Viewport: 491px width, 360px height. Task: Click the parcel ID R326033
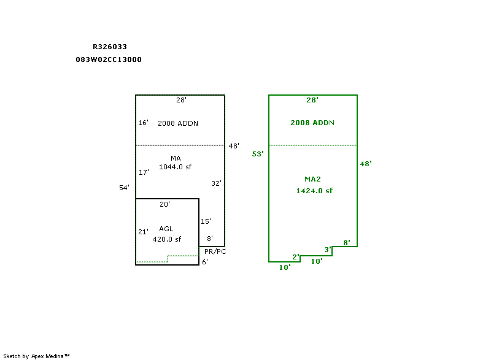click(x=110, y=46)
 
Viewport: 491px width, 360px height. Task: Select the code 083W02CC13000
click(x=109, y=59)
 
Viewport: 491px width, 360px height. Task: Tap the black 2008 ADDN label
click(x=178, y=123)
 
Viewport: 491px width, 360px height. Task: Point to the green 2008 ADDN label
click(x=312, y=123)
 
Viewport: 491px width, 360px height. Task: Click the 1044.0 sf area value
click(x=176, y=167)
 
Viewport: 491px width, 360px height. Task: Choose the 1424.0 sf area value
click(x=314, y=191)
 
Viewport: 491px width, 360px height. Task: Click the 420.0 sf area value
click(x=167, y=239)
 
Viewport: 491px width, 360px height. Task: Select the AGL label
click(x=166, y=229)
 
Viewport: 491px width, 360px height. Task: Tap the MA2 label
click(x=313, y=179)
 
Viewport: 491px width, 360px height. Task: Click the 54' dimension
click(x=124, y=188)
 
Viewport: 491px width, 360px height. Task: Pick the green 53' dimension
click(x=258, y=154)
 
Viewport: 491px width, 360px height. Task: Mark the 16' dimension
click(x=143, y=123)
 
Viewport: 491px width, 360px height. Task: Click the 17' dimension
click(x=144, y=172)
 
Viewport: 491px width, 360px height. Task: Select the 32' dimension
click(x=216, y=183)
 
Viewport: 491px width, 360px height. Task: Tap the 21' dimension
click(x=143, y=232)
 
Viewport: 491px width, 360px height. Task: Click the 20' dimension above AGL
click(x=164, y=204)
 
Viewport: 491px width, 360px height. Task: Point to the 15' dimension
click(x=206, y=221)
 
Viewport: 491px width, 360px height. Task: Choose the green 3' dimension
click(x=328, y=249)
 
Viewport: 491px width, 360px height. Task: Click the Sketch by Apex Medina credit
click(x=37, y=356)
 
